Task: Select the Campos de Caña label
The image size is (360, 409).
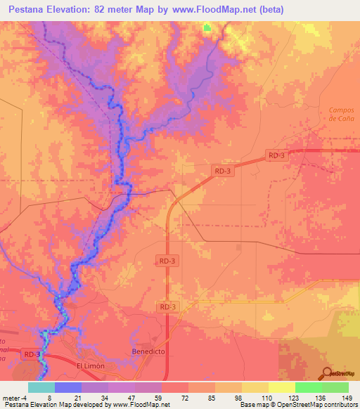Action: click(342, 114)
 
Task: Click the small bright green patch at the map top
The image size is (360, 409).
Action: click(207, 27)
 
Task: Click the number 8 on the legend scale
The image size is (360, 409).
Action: click(49, 397)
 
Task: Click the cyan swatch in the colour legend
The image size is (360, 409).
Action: click(41, 387)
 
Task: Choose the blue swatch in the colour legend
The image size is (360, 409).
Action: click(67, 387)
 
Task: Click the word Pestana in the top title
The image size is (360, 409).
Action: click(32, 10)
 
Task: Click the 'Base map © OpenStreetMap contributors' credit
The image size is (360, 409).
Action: click(297, 405)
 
